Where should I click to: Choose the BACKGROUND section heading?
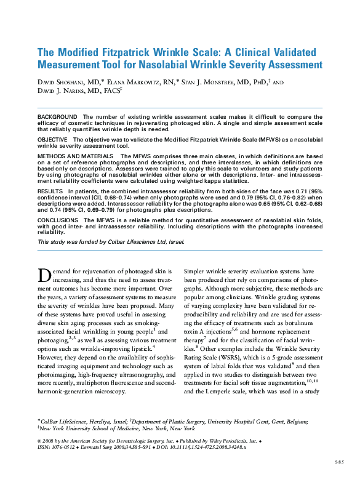57,117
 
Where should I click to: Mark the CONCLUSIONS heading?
58,219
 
